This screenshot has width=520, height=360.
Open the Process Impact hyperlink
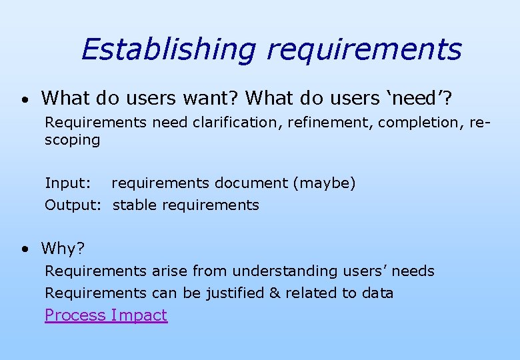[106, 315]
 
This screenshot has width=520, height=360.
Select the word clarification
[237, 122]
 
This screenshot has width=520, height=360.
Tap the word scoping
[72, 140]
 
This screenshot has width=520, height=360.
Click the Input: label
[67, 183]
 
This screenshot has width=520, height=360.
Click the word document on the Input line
[256, 183]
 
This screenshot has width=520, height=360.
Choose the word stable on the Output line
[133, 205]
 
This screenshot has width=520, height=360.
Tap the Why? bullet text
[63, 249]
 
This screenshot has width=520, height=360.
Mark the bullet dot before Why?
[24, 249]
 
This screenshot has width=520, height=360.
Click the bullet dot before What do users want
[24, 100]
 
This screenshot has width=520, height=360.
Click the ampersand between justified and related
[275, 293]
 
